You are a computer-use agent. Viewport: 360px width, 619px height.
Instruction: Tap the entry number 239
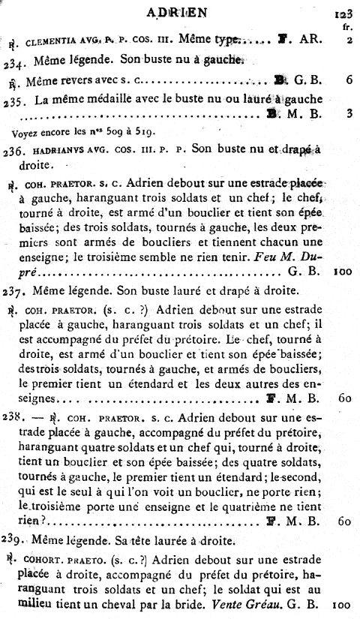[14, 539]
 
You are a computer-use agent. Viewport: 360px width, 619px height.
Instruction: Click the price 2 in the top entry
[349, 41]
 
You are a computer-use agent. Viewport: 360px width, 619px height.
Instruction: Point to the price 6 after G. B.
[349, 78]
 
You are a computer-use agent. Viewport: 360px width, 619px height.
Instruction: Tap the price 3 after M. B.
[349, 114]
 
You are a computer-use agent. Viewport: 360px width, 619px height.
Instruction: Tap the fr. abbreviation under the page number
[346, 27]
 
